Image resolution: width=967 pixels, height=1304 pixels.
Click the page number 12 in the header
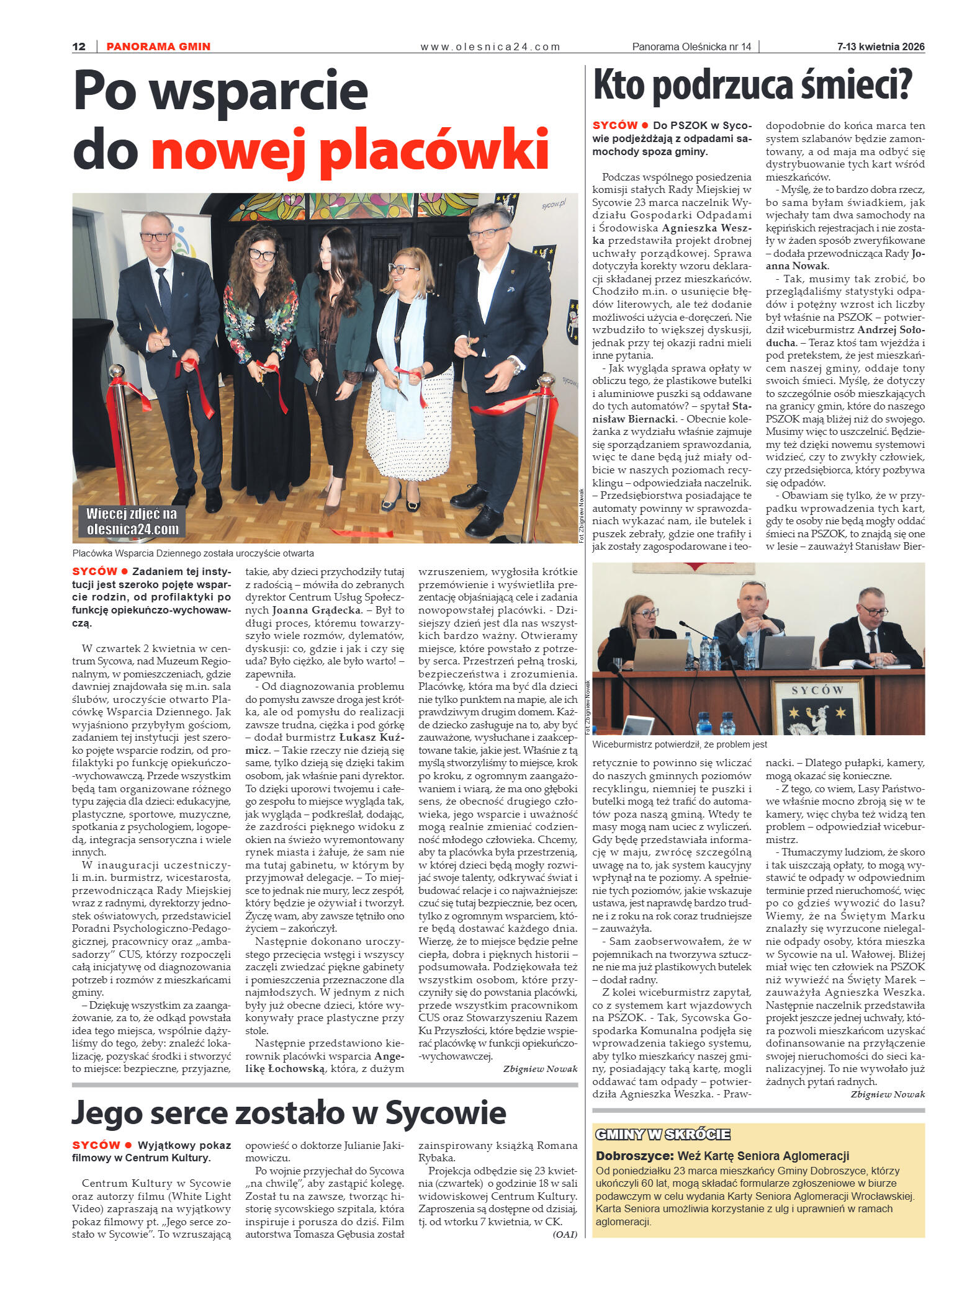pos(79,47)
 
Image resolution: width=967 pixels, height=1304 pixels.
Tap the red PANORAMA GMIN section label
pos(158,47)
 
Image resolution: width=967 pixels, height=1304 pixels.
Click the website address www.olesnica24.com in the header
pos(490,47)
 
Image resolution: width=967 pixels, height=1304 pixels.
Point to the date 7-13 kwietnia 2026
pos(880,47)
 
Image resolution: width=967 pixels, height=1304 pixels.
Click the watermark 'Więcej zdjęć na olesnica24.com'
pos(132,521)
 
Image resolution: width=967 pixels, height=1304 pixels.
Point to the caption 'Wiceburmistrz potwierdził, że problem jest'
pos(680,744)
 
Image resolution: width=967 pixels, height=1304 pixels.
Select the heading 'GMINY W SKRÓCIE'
pos(662,1134)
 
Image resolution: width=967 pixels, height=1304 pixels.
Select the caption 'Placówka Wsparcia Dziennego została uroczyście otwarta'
pos(193,553)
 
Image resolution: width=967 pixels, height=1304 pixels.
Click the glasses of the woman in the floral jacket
pos(262,254)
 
